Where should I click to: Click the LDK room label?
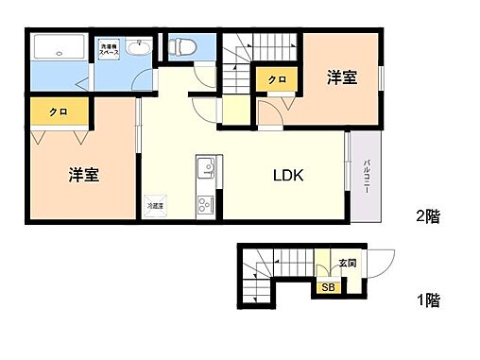[x=288, y=175]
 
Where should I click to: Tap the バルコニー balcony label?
[x=367, y=177]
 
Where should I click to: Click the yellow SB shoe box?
[x=328, y=287]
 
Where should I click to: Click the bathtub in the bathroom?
[x=58, y=48]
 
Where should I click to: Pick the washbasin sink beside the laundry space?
[x=140, y=48]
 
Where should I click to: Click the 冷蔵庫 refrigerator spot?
[x=153, y=204]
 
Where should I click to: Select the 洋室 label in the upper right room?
[x=342, y=77]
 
